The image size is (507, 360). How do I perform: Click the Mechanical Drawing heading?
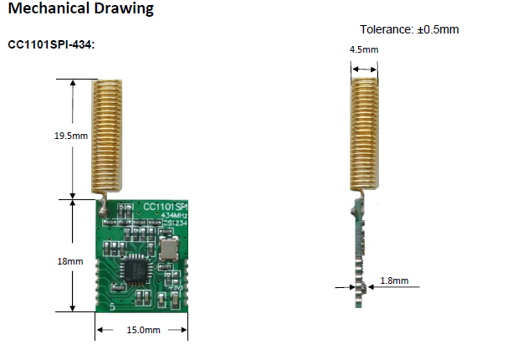click(80, 8)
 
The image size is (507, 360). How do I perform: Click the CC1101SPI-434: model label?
click(51, 44)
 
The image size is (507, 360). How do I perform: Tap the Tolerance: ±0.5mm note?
click(409, 29)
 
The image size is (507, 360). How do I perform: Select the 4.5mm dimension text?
click(364, 49)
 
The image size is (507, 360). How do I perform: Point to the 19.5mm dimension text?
click(71, 136)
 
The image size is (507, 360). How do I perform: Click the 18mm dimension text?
click(70, 261)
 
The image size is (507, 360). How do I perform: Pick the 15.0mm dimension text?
click(143, 330)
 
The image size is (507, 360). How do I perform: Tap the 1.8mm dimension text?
click(394, 280)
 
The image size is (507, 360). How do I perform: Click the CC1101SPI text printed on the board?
click(165, 207)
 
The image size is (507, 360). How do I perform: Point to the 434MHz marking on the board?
click(174, 215)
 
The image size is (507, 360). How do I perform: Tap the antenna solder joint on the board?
click(103, 212)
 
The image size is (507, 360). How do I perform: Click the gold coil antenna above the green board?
click(107, 135)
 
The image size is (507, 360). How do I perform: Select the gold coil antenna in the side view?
click(365, 133)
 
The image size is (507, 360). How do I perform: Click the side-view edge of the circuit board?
click(359, 253)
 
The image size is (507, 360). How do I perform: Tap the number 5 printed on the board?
click(112, 306)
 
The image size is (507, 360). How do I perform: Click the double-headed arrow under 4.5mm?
click(365, 69)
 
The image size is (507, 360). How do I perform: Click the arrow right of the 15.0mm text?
click(177, 330)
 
